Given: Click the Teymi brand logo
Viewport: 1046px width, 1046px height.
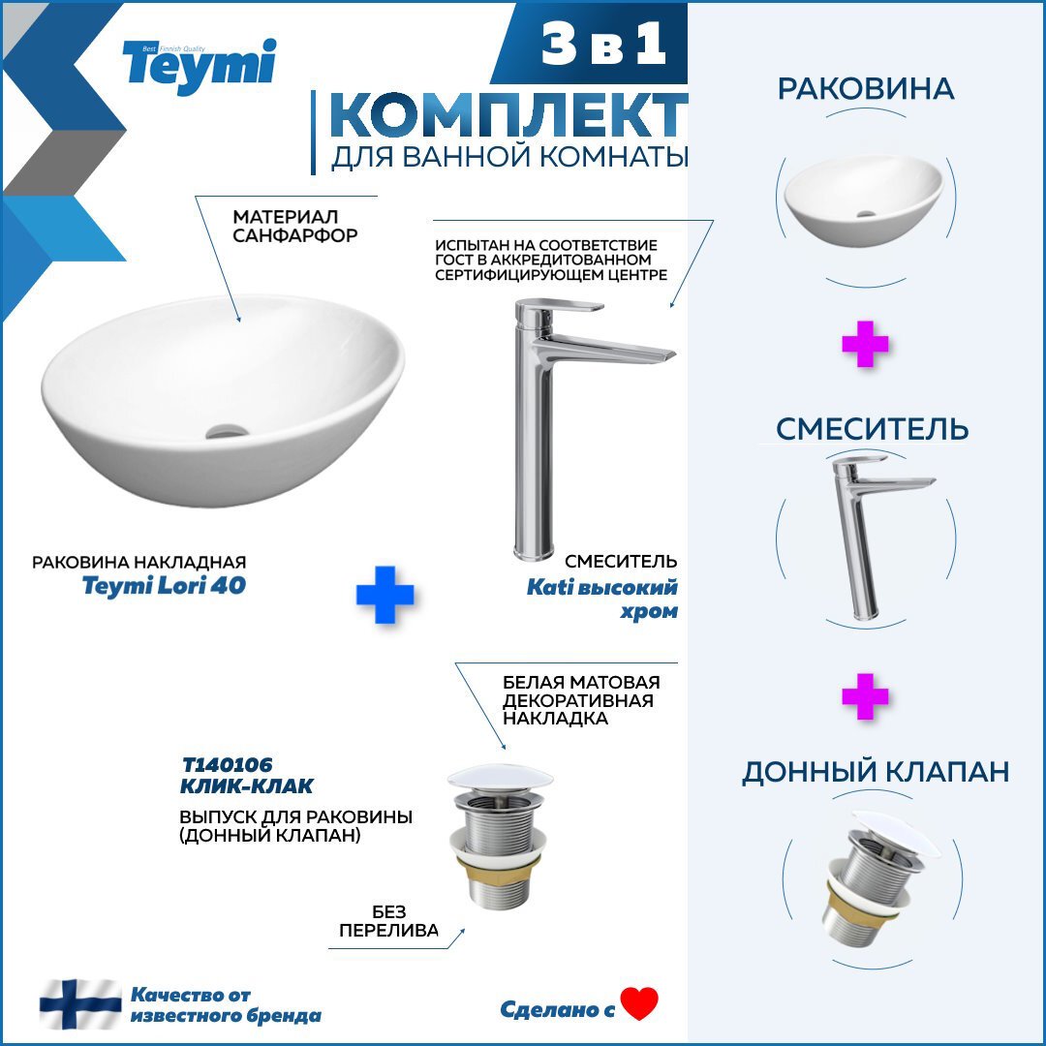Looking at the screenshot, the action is [199, 64].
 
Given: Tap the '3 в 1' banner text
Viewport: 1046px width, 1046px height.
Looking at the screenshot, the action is [603, 44].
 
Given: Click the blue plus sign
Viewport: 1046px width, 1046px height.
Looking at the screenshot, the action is [385, 595].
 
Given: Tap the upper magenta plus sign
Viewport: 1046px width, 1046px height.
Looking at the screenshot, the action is [865, 344].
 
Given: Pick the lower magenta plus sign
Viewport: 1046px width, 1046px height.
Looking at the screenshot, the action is [865, 695].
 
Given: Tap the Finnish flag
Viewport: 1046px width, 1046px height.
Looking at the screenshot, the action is [80, 1004].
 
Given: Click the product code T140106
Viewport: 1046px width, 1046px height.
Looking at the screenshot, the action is [228, 764].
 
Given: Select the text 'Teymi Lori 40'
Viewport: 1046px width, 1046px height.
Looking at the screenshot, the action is [164, 586].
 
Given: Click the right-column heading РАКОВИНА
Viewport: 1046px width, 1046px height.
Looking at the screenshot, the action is [866, 89].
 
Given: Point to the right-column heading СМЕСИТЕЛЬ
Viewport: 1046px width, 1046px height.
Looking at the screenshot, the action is [872, 428].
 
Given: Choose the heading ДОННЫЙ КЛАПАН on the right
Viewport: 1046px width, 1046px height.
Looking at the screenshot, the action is [876, 772].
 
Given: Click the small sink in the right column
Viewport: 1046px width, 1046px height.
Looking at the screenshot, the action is [865, 200].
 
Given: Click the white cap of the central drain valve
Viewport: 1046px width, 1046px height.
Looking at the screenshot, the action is [501, 778].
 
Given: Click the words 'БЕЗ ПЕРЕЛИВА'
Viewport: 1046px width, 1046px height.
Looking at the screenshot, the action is [389, 921].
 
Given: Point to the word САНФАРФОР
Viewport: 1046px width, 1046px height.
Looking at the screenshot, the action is [294, 235].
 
